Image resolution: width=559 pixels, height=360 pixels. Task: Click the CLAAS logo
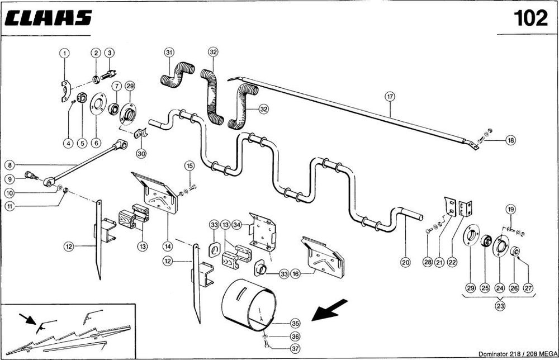(x=48, y=18)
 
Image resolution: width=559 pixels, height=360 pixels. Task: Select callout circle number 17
(x=390, y=96)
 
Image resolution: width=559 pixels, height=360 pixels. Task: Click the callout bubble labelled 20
(x=405, y=260)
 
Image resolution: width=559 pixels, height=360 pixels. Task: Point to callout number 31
(x=169, y=53)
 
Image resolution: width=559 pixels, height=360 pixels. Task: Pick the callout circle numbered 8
(x=10, y=165)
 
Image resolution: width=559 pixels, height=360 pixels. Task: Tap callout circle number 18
(x=510, y=140)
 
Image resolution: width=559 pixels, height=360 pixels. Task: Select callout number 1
(x=65, y=53)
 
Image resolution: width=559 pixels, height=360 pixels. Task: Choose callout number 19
(x=510, y=210)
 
